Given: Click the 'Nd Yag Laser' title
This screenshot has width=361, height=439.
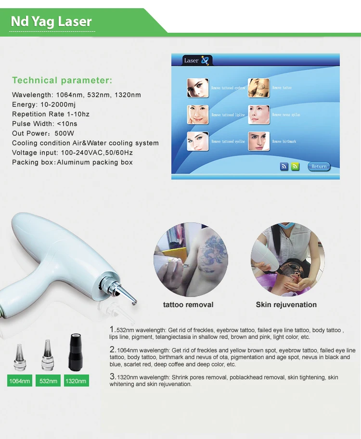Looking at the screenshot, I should coord(51,22).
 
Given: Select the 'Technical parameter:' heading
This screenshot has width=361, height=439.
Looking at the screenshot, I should coord(62,80).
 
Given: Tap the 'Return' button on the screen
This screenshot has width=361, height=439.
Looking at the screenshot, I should coord(319,167).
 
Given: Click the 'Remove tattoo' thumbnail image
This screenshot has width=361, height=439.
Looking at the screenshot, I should coord(258,88).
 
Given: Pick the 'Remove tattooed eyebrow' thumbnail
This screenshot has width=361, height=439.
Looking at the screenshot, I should coord(198,88).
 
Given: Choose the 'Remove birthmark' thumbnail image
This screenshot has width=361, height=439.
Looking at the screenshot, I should coord(258,142).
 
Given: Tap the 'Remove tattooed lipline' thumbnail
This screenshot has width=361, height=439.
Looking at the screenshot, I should coord(198,115).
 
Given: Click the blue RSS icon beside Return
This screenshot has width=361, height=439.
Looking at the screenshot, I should coord(284,167).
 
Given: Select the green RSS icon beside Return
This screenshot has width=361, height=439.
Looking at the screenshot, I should coord(295,167).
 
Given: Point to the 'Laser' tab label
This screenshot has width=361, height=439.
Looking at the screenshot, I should coord(192,61).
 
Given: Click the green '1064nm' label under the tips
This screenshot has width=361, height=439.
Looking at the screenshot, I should coord(20,381).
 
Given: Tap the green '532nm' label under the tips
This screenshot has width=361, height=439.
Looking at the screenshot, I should coord(48,381).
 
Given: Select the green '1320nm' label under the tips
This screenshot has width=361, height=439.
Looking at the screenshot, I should coord(76,381).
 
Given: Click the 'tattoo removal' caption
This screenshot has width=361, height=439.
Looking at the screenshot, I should coord(188,305).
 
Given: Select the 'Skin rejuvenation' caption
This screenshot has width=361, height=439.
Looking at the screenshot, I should coord(286,305).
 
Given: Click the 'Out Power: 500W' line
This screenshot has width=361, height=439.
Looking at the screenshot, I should coord(43,133).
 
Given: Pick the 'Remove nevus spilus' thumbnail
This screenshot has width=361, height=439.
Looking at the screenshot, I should coord(258,115).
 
